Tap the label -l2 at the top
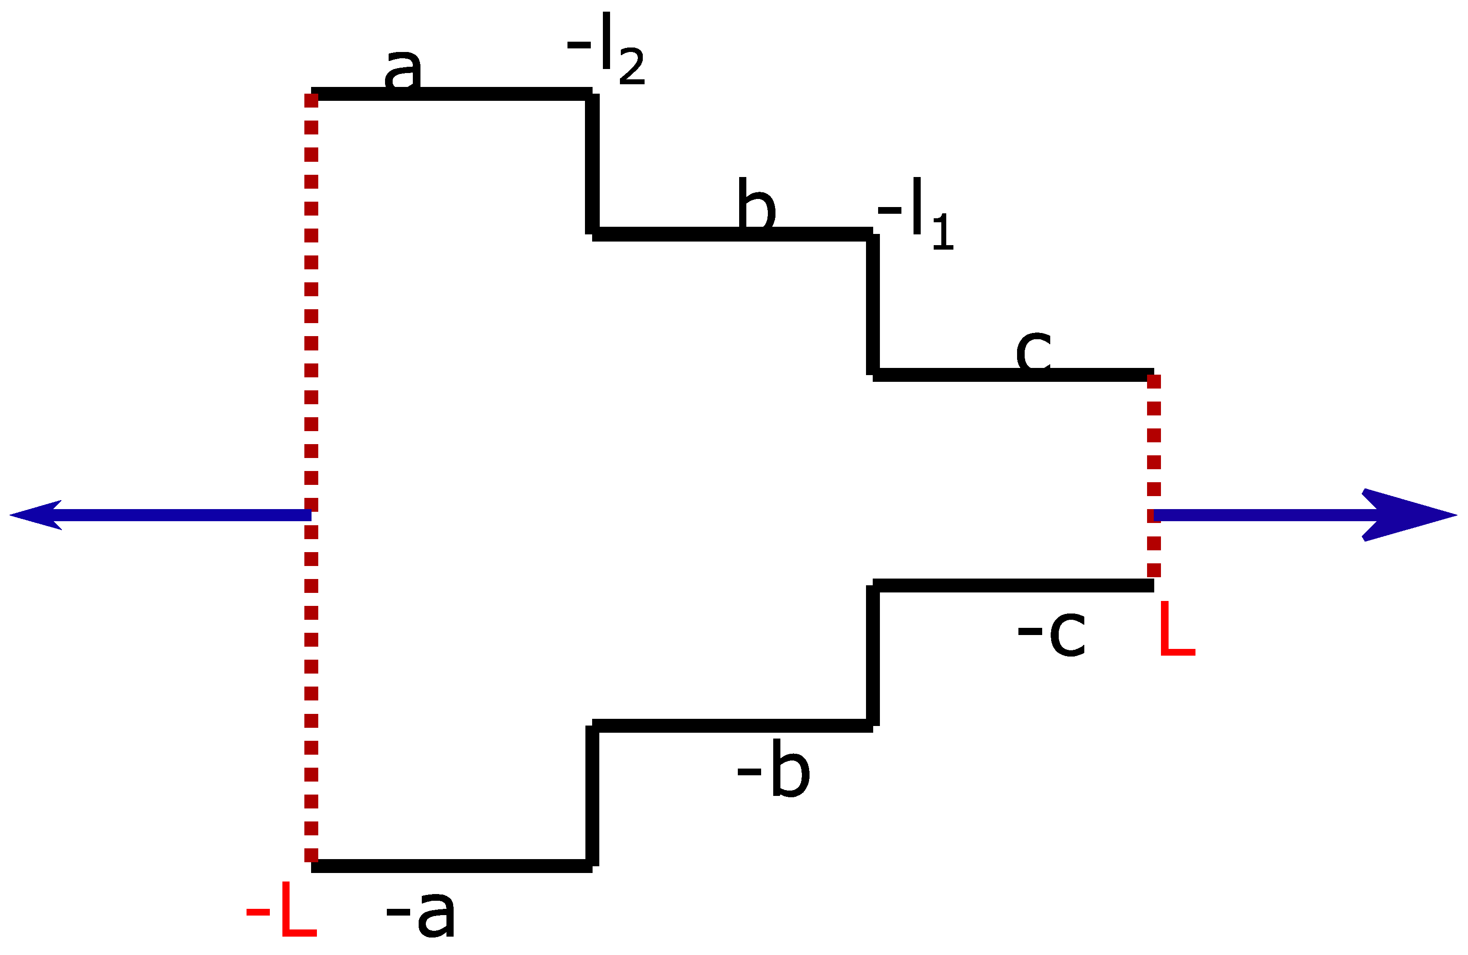pyautogui.click(x=606, y=49)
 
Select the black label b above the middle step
pyautogui.click(x=756, y=203)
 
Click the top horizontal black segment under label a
pyautogui.click(x=494, y=94)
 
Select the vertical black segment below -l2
pyautogui.click(x=592, y=164)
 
